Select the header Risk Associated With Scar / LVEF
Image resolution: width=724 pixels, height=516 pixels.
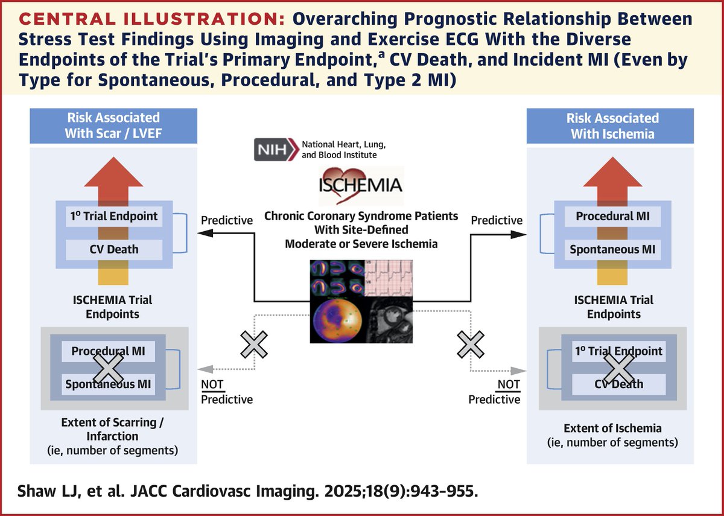[113, 126]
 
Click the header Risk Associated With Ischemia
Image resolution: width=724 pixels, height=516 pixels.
[612, 126]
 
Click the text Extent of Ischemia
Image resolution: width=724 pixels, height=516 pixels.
[612, 428]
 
